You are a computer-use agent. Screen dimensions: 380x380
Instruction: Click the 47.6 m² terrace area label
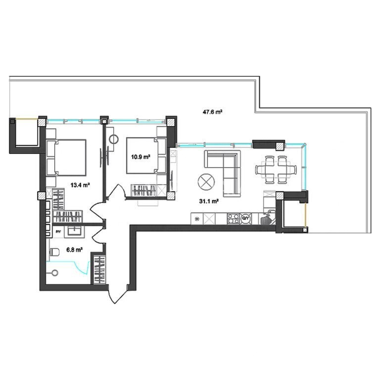(212, 112)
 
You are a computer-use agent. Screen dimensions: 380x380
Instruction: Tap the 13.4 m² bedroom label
(80, 186)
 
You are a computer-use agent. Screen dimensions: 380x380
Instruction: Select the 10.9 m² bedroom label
(141, 157)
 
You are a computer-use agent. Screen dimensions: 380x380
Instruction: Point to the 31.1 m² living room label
(209, 201)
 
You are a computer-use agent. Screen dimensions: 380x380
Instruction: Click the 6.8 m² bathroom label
(75, 249)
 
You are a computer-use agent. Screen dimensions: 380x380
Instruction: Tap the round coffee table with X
(206, 182)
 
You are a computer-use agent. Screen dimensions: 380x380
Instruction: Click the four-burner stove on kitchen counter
(233, 218)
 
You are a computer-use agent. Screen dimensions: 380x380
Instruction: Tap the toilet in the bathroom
(55, 252)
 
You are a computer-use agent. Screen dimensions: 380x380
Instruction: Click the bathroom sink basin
(76, 231)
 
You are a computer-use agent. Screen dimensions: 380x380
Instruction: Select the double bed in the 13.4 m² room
(66, 157)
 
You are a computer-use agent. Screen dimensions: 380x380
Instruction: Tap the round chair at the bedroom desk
(114, 140)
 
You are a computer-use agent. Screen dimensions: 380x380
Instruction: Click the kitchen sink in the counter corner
(268, 219)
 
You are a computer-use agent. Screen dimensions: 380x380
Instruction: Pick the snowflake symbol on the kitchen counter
(197, 219)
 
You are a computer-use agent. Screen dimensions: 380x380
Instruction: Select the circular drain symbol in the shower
(55, 273)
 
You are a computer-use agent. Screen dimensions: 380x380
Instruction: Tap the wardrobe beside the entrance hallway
(99, 270)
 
